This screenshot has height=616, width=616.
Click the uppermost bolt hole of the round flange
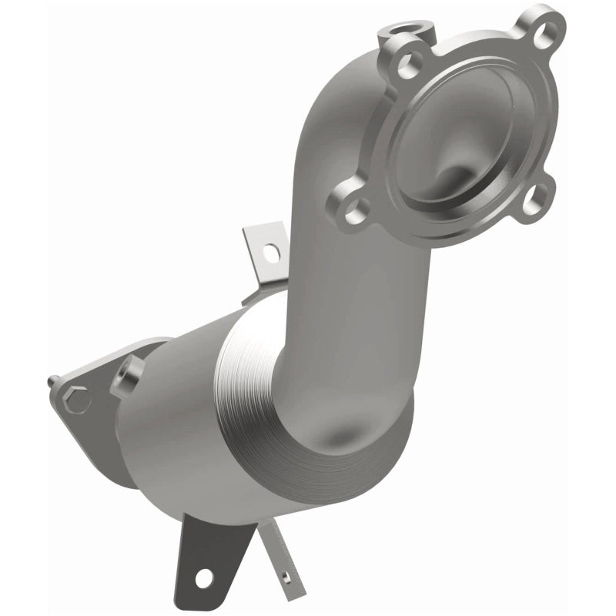[x=547, y=32]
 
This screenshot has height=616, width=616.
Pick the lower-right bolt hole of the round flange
[x=527, y=199]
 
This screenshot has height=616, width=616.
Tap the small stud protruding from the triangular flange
[x=52, y=380]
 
